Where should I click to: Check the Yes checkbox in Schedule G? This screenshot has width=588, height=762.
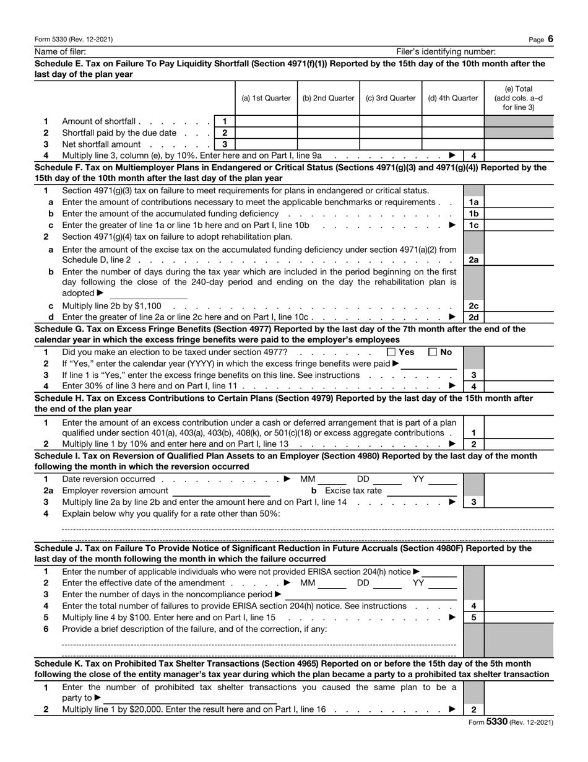click(391, 352)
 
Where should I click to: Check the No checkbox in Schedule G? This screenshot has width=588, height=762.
click(433, 352)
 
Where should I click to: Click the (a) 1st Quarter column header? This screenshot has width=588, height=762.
click(266, 98)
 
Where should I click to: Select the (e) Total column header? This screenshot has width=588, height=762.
click(519, 98)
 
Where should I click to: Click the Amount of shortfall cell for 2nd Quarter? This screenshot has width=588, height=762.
click(329, 121)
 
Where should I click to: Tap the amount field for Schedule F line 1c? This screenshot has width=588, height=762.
click(519, 225)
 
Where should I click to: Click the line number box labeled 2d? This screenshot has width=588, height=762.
click(473, 317)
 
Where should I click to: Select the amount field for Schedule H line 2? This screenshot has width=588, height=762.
click(519, 444)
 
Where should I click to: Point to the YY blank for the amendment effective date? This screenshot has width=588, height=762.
click(443, 584)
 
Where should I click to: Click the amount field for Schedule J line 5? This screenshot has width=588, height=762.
click(519, 618)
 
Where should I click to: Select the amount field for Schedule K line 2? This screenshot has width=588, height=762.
click(519, 710)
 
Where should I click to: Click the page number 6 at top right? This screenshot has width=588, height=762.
click(550, 39)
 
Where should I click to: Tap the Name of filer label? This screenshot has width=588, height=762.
click(60, 51)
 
